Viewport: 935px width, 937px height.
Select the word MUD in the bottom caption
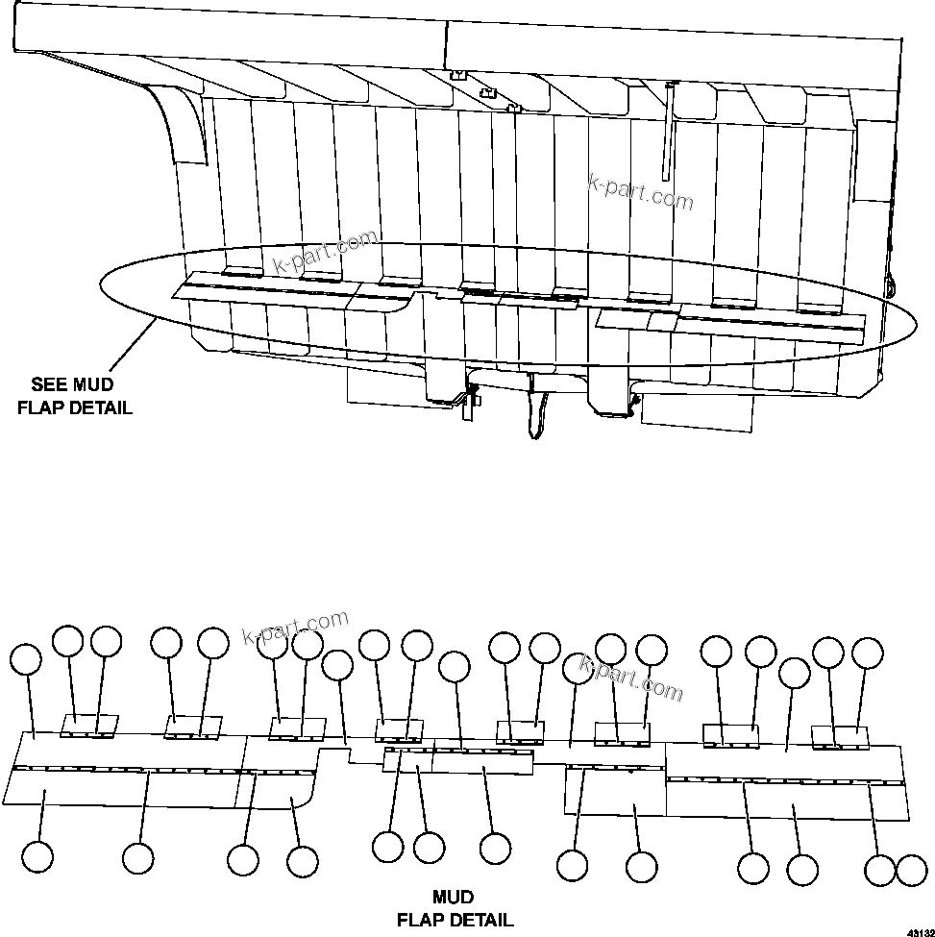pyautogui.click(x=453, y=898)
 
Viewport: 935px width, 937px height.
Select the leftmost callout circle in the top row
pyautogui.click(x=27, y=659)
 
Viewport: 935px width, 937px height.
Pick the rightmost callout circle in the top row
pyautogui.click(x=868, y=653)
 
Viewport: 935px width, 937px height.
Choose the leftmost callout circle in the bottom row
pyautogui.click(x=38, y=857)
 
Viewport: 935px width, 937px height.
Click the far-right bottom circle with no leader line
pyautogui.click(x=911, y=871)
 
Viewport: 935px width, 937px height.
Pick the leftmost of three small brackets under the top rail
pyautogui.click(x=458, y=74)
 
